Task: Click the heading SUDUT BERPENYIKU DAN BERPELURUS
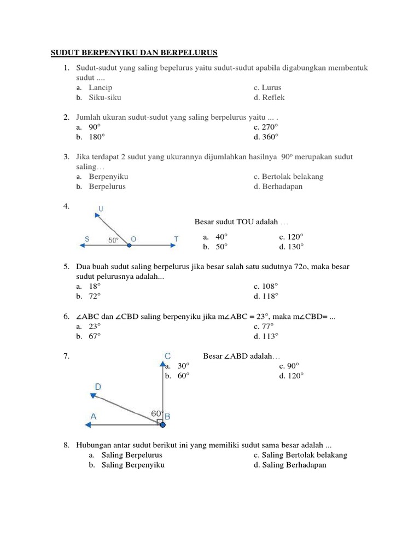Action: pos(134,52)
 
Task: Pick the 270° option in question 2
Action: pos(270,127)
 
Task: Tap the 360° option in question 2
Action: pos(270,137)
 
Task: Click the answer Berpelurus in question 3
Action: pos(107,186)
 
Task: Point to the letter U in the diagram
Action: pos(101,208)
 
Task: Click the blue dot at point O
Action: pos(129,246)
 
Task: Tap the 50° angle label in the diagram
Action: pos(113,240)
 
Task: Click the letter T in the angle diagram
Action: pos(176,238)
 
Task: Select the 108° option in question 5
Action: pos(270,286)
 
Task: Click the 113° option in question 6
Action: pos(270,336)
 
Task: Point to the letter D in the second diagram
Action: pos(98,387)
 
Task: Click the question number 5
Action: pos(66,266)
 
